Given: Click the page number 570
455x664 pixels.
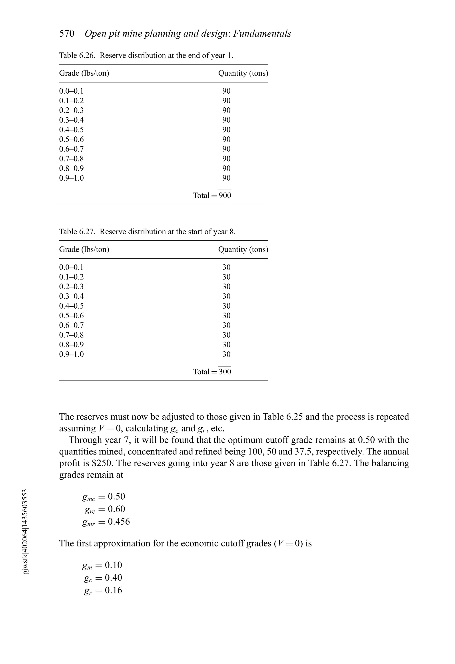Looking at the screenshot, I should pyautogui.click(x=67, y=34).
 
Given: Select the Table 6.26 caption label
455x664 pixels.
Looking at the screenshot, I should pyautogui.click(x=77, y=55).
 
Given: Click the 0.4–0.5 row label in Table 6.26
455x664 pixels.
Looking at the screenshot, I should pyautogui.click(x=71, y=130).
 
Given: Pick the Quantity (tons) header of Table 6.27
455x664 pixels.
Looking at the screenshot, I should pyautogui.click(x=243, y=249).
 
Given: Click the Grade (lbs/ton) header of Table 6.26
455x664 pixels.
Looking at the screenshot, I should pyautogui.click(x=84, y=73).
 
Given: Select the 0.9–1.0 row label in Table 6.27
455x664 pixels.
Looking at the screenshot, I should pyautogui.click(x=71, y=354).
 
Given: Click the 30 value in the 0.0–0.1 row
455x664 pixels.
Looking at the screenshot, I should pyautogui.click(x=226, y=267).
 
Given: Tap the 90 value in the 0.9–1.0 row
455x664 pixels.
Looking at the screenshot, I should pyautogui.click(x=226, y=178).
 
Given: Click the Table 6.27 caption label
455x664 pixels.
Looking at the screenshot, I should pyautogui.click(x=77, y=232).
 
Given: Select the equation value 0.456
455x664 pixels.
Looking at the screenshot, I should pyautogui.click(x=119, y=521).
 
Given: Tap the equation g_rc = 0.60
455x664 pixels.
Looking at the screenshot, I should pyautogui.click(x=105, y=509).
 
